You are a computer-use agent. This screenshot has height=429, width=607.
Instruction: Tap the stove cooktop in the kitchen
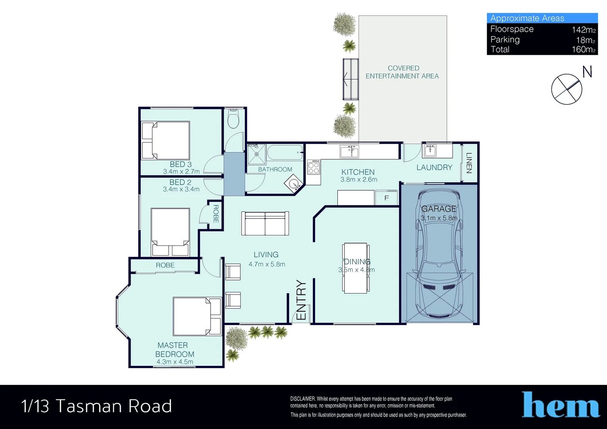[313, 167]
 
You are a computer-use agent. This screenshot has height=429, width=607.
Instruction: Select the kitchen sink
[349, 151]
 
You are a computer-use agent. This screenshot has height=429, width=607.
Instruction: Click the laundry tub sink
[430, 151]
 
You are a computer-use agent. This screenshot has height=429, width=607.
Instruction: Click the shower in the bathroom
[256, 154]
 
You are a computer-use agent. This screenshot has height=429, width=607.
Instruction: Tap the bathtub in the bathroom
[285, 153]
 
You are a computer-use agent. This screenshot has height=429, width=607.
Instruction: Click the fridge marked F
[387, 197]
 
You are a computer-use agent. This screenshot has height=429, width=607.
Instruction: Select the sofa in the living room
[265, 223]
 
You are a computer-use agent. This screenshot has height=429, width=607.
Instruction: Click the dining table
[356, 268]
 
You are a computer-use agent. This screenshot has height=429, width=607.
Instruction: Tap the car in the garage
[439, 254]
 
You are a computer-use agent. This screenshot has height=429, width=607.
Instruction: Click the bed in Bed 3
[166, 140]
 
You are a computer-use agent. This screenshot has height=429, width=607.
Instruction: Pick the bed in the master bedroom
[197, 317]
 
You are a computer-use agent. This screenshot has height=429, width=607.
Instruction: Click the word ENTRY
[301, 300]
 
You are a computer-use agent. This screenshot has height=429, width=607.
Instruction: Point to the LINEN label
[469, 163]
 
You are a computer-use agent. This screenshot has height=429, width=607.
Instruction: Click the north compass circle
[566, 89]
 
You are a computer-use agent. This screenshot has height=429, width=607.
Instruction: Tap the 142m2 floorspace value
[584, 29]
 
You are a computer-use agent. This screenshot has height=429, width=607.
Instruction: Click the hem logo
[561, 404]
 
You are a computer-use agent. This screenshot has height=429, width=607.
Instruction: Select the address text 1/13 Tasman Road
[97, 406]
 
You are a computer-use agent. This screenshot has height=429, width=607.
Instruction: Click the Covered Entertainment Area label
[402, 72]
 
